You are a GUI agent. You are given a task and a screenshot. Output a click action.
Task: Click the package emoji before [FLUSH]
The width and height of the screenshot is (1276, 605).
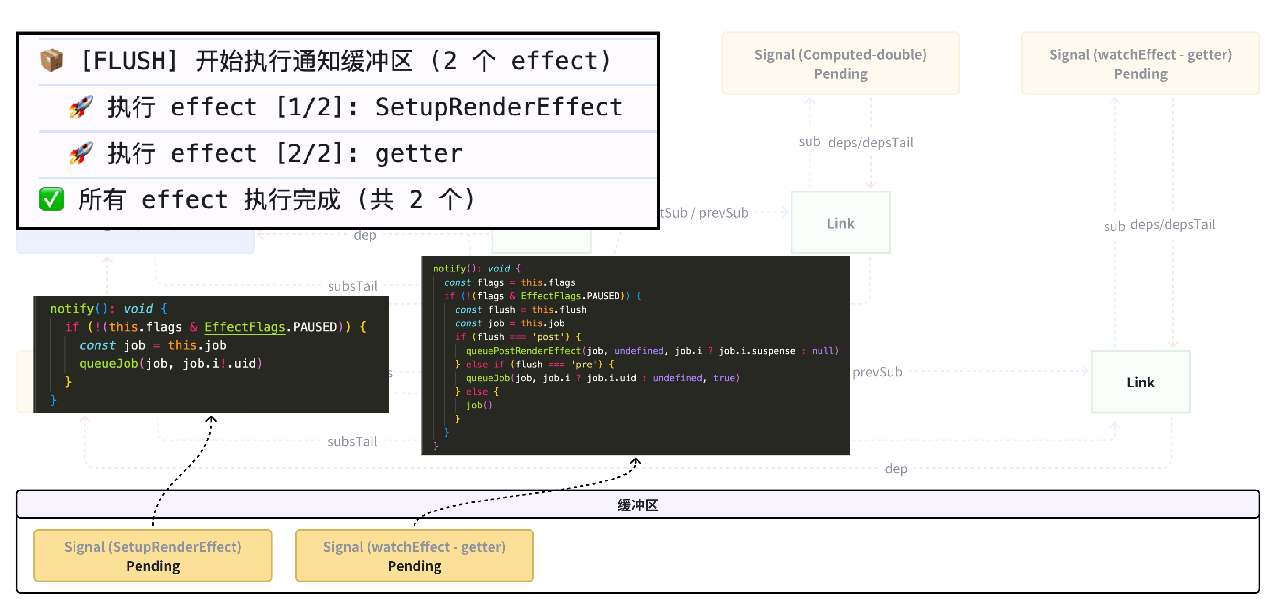[52, 61]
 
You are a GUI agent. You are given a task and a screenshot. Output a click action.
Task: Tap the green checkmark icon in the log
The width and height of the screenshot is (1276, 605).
[51, 199]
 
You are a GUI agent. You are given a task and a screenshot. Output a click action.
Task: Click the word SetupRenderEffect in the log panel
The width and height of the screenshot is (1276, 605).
[498, 107]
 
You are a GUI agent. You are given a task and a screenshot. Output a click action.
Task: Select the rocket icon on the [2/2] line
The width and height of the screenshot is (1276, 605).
[81, 153]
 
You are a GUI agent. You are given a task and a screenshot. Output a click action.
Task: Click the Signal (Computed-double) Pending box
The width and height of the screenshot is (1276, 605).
[840, 63]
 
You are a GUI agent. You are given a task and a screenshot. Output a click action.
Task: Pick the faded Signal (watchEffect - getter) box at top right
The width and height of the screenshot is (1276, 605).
[1140, 63]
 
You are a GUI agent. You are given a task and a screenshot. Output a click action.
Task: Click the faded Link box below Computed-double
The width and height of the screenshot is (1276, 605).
[840, 223]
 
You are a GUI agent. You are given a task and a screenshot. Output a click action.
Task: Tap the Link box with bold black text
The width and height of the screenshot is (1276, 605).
[1140, 382]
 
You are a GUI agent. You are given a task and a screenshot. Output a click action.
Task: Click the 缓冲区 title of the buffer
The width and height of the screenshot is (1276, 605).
[638, 505]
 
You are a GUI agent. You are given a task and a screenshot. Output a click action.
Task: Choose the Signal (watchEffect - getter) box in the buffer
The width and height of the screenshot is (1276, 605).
[414, 555]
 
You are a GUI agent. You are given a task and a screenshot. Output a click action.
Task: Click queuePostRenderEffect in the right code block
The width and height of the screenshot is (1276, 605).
[523, 351]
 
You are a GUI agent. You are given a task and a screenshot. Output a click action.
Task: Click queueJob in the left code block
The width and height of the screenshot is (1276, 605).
[108, 364]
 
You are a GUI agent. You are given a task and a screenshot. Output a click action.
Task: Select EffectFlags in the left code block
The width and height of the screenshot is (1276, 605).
[245, 327]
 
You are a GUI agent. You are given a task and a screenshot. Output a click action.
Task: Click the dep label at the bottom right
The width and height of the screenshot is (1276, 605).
[896, 469]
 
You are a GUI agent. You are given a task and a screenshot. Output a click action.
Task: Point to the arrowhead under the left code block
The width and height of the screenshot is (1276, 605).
[212, 419]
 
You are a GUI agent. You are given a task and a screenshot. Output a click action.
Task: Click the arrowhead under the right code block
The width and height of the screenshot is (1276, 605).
[636, 461]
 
